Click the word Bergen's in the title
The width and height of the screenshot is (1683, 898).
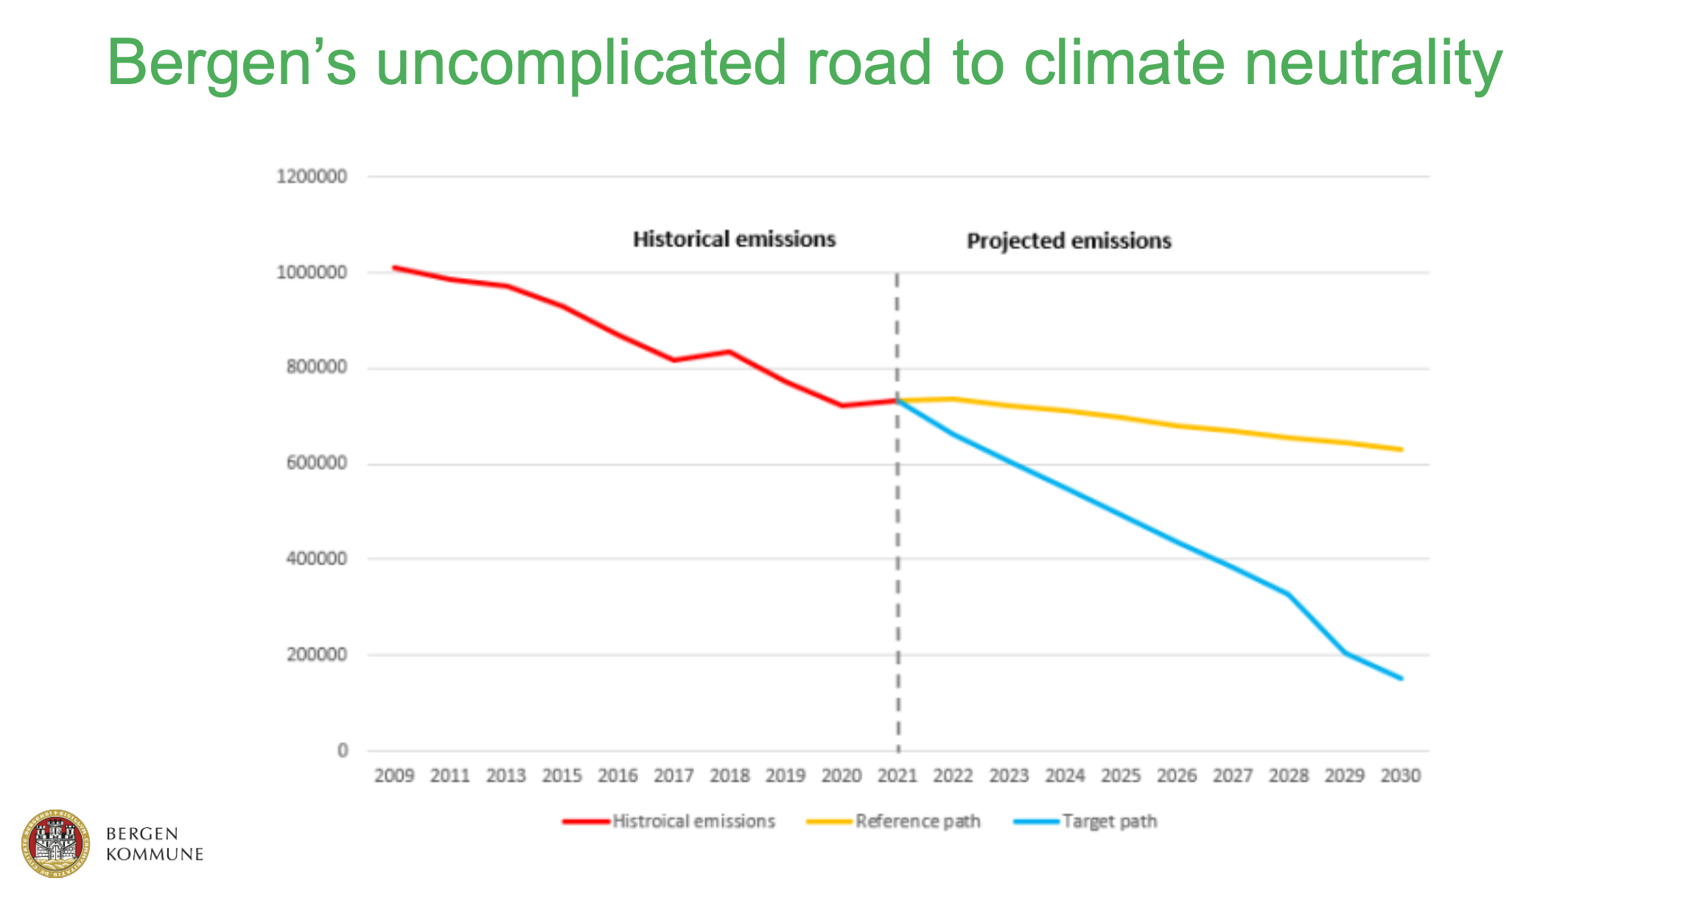[231, 63]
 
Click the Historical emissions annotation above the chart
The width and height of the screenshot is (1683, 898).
[734, 240]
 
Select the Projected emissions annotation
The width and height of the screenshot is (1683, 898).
[1068, 241]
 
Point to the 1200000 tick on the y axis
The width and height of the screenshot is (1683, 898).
[311, 177]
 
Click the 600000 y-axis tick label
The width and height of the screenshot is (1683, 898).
[316, 463]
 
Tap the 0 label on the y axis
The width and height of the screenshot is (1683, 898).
[342, 751]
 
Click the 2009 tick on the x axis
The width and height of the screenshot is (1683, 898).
[394, 776]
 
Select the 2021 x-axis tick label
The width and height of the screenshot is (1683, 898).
[897, 776]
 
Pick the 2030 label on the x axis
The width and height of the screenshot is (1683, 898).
[1400, 776]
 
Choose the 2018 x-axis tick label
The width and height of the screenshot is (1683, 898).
[729, 776]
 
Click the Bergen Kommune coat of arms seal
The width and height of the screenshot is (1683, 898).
[55, 843]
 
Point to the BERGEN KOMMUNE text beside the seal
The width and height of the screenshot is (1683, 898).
[154, 844]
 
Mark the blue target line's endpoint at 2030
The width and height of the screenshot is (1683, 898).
[1401, 678]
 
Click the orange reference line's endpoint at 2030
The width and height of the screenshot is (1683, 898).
[1401, 449]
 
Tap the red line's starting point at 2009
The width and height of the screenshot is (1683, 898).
[394, 268]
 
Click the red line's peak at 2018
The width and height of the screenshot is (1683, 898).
[729, 352]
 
